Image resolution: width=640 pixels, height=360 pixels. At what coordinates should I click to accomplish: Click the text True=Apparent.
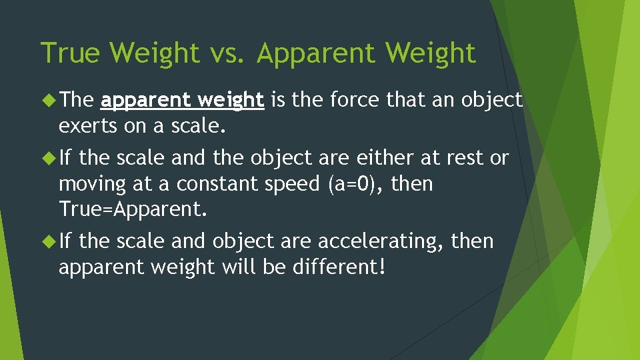[x=133, y=210]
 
